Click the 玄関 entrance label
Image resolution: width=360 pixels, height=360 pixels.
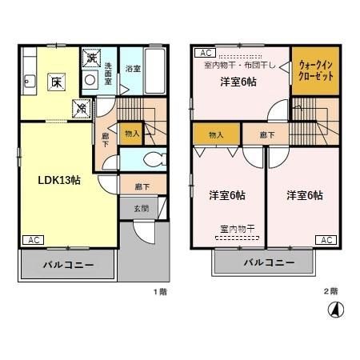tap(140, 208)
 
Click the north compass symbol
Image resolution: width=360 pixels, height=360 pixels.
tap(338, 310)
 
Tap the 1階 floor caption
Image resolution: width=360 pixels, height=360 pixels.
tap(160, 291)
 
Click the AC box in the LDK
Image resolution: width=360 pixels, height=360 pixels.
tap(34, 240)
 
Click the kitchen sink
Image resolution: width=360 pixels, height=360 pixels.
tap(29, 79)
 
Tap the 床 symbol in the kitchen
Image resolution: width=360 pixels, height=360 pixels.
tap(58, 82)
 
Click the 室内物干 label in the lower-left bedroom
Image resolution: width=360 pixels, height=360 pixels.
tap(237, 228)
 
